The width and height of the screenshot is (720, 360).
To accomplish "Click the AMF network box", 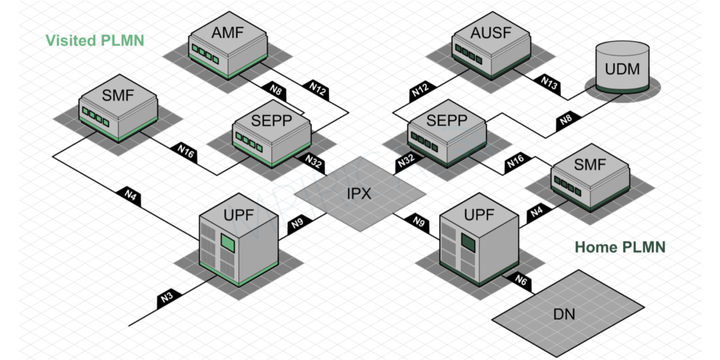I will tap(228, 43).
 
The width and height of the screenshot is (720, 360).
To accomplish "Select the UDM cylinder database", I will tap(622, 67).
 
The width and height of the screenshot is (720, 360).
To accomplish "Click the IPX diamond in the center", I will tap(359, 193).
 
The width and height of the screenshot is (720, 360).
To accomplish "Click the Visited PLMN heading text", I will tap(95, 40).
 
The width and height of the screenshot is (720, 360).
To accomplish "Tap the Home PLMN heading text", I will tap(619, 247).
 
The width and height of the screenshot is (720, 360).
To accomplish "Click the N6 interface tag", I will tap(521, 281).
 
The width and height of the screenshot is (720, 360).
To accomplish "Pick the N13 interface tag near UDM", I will tap(549, 84).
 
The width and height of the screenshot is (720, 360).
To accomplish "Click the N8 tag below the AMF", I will tap(276, 90).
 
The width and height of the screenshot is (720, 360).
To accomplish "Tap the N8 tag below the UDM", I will tap(566, 121).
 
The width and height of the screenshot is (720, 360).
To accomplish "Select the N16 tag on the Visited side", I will tap(186, 151).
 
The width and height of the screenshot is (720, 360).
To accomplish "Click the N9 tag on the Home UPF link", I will tap(420, 224).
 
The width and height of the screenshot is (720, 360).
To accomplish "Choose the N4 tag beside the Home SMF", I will tap(536, 211).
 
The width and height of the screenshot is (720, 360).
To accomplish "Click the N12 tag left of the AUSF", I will tap(420, 91).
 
